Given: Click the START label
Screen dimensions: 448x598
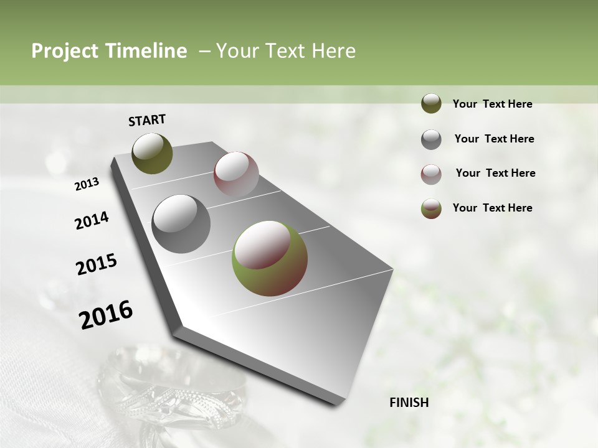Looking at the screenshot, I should tap(147, 120).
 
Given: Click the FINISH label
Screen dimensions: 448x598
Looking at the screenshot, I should tap(409, 403).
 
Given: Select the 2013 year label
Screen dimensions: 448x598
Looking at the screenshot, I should tap(87, 184).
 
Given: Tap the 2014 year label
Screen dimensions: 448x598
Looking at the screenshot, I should tap(92, 221).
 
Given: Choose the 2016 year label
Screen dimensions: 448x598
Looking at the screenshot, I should tap(106, 315).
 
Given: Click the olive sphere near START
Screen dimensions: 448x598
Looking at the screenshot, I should tap(152, 153).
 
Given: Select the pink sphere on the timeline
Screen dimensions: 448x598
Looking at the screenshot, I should tap(236, 174).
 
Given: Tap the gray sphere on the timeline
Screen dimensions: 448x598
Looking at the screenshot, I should tap(181, 224).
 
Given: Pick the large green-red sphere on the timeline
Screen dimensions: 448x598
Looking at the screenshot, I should tap(269, 258).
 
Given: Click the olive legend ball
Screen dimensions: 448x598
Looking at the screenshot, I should tap(431, 103).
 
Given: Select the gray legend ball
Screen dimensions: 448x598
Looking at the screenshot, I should tap(431, 139).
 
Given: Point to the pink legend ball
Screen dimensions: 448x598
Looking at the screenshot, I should tap(431, 174).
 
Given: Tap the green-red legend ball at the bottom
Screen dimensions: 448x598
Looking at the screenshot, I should tap(431, 208).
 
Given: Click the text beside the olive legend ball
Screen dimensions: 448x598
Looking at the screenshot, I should tap(492, 104).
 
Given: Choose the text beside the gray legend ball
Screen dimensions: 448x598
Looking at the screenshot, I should tap(494, 139).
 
